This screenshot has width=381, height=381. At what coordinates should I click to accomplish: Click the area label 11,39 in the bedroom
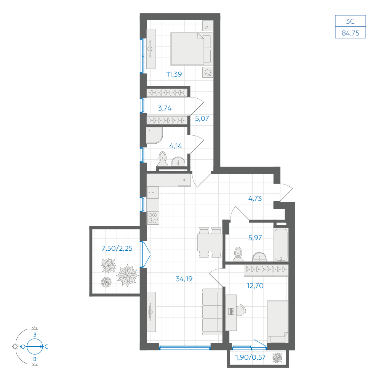click(x=174, y=74)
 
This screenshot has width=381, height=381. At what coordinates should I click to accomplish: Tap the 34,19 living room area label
click(x=184, y=279)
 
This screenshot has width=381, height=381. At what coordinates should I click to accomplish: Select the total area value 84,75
click(x=351, y=33)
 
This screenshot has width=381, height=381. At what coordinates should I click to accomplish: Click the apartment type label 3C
click(x=351, y=21)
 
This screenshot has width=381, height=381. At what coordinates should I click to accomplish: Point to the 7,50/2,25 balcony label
click(x=117, y=248)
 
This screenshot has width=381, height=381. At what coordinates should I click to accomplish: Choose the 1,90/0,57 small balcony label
click(x=251, y=357)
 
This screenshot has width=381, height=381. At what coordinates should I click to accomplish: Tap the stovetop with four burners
click(x=153, y=218)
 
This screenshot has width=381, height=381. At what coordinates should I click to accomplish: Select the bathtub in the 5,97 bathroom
click(x=281, y=245)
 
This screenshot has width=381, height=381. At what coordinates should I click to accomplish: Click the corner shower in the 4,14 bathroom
click(x=154, y=136)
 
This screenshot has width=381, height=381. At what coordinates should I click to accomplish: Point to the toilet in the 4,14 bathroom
click(x=162, y=159)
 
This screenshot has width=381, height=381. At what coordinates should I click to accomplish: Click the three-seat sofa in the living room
click(x=212, y=312)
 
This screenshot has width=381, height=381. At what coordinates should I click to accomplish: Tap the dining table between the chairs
click(x=210, y=242)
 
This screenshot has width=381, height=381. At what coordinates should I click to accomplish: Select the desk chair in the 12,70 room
click(x=241, y=310)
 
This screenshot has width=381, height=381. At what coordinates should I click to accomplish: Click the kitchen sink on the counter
click(x=153, y=192)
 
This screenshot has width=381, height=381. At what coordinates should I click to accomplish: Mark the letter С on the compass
click(x=46, y=347)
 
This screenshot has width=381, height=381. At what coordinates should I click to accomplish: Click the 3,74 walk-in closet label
click(x=165, y=108)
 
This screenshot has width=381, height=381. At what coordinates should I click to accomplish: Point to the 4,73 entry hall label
click(x=255, y=199)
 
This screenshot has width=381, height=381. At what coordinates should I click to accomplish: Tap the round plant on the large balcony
click(x=106, y=282)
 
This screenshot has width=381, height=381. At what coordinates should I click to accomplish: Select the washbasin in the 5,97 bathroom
click(x=259, y=257)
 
